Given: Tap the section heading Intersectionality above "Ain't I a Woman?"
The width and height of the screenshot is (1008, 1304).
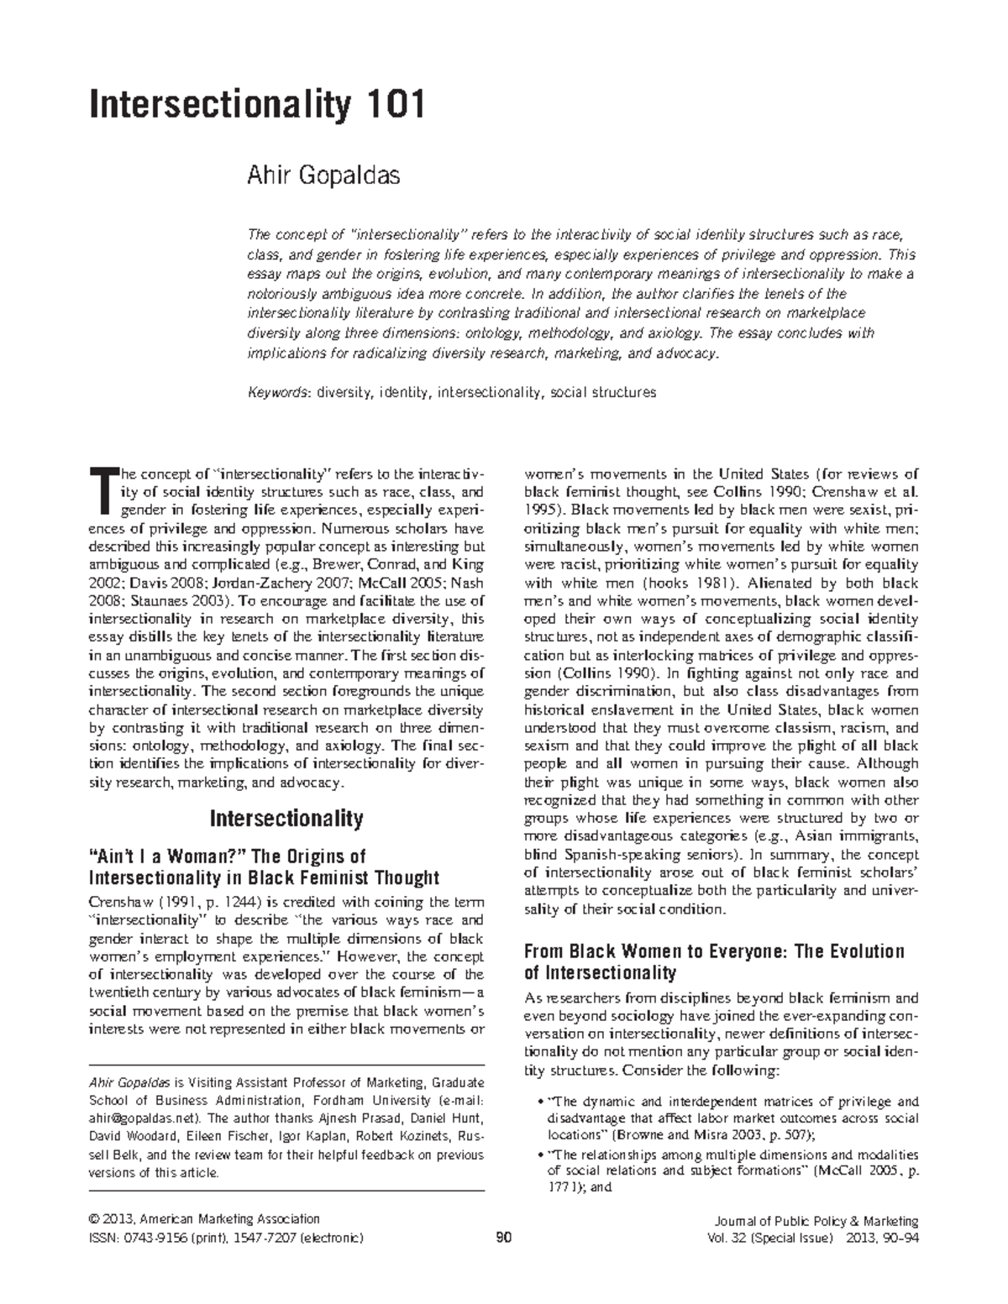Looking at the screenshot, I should point(286,818).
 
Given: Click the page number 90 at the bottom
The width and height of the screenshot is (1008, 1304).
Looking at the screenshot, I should point(504,1238).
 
